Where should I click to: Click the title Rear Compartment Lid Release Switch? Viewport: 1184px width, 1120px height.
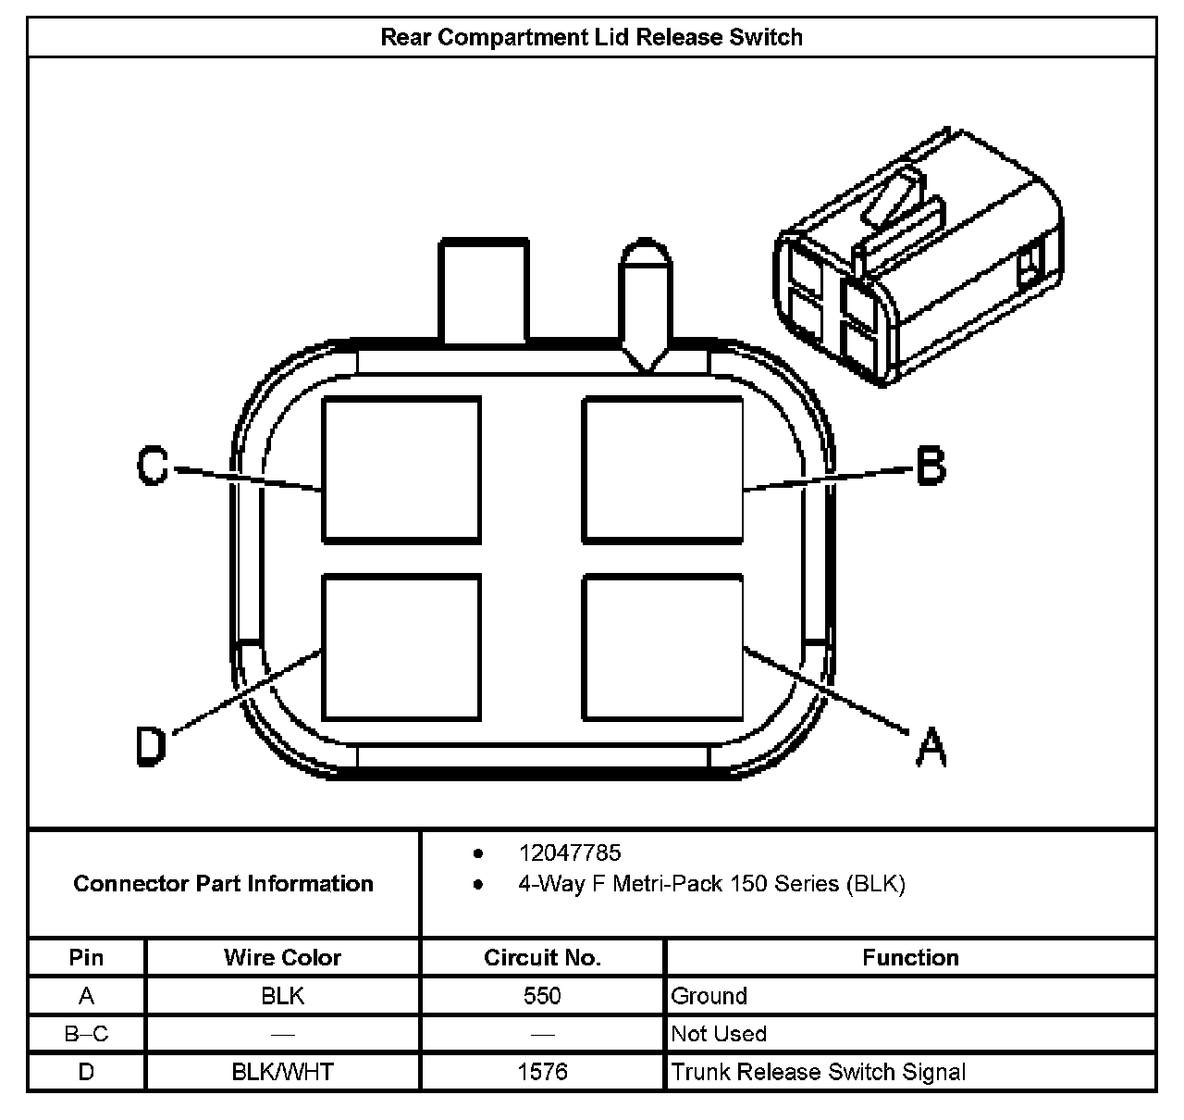point(591,37)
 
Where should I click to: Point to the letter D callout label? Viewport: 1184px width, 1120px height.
point(151,746)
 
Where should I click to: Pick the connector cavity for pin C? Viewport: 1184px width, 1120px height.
point(401,469)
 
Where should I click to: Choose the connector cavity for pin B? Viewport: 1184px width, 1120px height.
point(662,469)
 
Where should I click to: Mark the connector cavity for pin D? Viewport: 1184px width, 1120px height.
point(401,647)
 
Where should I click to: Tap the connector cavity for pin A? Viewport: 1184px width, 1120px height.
point(662,647)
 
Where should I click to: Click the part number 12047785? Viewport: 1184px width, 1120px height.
point(569,852)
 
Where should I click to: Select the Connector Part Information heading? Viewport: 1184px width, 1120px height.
point(223,883)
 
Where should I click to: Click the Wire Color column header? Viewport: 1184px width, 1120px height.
point(282,957)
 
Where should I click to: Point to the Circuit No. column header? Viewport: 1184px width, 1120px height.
point(542,957)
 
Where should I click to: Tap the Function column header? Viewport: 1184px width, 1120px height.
point(910,957)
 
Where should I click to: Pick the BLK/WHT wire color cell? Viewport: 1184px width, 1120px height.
point(282,1072)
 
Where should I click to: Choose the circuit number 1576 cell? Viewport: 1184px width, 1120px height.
point(542,1072)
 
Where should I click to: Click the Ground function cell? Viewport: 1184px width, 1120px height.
point(709,996)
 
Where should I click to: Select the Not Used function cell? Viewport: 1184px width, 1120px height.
point(719,1034)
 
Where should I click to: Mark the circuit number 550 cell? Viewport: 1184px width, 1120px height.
point(542,996)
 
